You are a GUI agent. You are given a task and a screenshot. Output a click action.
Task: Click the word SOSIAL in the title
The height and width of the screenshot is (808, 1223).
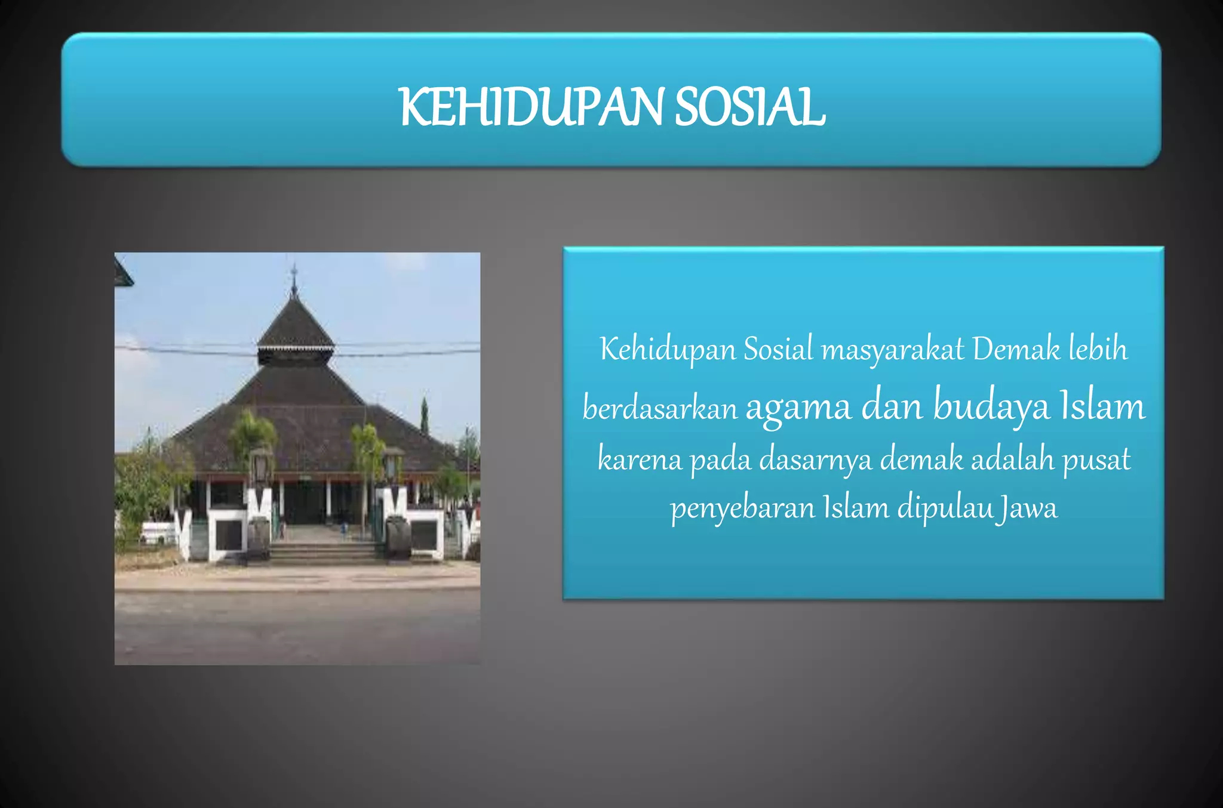(750, 107)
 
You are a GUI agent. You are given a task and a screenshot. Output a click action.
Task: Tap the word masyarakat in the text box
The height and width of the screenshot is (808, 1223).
(892, 350)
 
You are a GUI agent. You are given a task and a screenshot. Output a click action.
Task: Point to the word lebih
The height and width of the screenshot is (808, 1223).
(1098, 350)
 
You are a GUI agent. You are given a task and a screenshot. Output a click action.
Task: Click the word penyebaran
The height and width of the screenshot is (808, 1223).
(742, 508)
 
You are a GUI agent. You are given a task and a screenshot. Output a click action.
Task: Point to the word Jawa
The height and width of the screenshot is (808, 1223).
(1028, 508)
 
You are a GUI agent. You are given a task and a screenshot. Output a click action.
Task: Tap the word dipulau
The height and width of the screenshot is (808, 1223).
(945, 508)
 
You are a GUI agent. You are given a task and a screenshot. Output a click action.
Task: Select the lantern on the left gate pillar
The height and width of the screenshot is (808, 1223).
(260, 466)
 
